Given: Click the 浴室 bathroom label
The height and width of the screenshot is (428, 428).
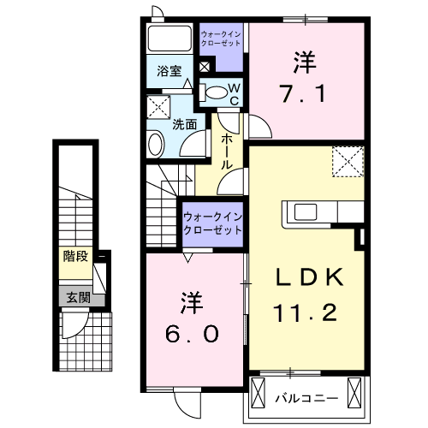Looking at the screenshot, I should coord(168,73).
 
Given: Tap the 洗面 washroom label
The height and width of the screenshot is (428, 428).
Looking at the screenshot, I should coord(185,124).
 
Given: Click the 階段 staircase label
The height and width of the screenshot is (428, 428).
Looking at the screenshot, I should coord(74,255).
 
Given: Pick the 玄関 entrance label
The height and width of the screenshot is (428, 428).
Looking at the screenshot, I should coord(74,298).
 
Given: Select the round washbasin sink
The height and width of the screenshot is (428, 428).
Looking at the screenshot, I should coord(155,143).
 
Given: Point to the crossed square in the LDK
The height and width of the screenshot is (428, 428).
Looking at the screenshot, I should coord(348,160).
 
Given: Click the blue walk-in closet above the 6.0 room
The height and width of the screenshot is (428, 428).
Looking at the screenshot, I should coord(211,225).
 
